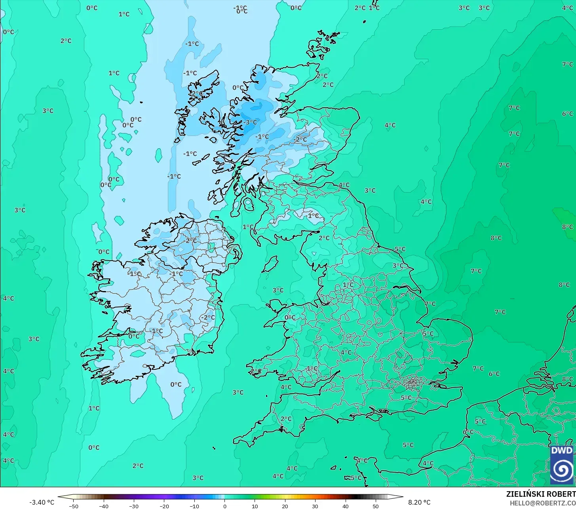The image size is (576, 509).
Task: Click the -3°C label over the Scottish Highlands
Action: [250, 122]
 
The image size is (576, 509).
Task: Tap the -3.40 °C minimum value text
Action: [42, 502]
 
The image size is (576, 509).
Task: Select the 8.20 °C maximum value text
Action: [419, 502]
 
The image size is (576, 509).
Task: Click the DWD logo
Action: [562, 464]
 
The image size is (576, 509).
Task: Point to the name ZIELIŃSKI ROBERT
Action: [541, 494]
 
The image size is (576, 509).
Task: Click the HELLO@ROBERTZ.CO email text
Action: [542, 503]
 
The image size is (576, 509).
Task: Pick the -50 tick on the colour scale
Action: [74, 506]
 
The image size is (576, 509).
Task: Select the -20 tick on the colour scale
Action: [164, 506]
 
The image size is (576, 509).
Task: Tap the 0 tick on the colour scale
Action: [224, 506]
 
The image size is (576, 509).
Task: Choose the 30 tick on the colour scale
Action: [315, 506]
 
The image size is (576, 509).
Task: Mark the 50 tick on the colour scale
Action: [375, 506]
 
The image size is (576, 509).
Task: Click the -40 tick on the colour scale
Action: [104, 506]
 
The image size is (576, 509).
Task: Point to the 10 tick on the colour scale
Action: [255, 506]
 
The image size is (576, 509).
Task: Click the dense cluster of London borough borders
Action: [413, 382]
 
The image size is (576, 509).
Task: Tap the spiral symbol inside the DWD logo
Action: [562, 469]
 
